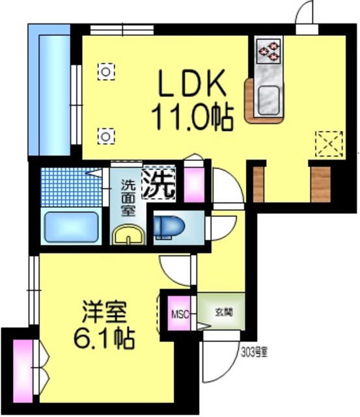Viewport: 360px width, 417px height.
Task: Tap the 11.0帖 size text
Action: tap(193, 118)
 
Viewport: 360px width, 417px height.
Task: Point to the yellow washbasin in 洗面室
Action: tap(128, 234)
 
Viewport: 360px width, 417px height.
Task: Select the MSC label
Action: tap(180, 315)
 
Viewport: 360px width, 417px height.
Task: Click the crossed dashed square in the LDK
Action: tap(327, 143)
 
